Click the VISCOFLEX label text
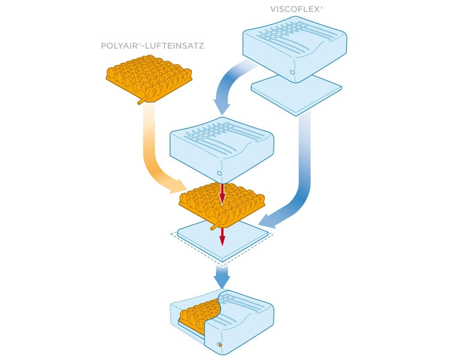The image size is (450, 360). [296, 10]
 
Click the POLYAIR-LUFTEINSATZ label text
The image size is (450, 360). [152, 46]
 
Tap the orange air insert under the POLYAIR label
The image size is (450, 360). [149, 77]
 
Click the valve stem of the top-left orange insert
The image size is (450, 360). [143, 100]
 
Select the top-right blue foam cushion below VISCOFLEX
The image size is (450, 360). [295, 49]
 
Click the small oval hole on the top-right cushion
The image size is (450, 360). [292, 72]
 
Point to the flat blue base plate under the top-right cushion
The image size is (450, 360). [296, 95]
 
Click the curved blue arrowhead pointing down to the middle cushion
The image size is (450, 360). [222, 107]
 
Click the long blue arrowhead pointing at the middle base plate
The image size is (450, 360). [267, 221]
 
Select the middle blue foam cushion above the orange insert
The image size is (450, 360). [222, 149]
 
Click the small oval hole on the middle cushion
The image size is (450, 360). [219, 173]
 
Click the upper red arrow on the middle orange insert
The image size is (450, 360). [222, 194]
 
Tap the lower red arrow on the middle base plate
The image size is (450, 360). [222, 237]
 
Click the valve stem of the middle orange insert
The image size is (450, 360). [216, 226]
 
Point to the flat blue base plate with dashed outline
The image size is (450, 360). [223, 241]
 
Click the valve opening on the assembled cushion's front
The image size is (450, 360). [220, 344]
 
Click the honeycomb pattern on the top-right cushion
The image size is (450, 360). [283, 32]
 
